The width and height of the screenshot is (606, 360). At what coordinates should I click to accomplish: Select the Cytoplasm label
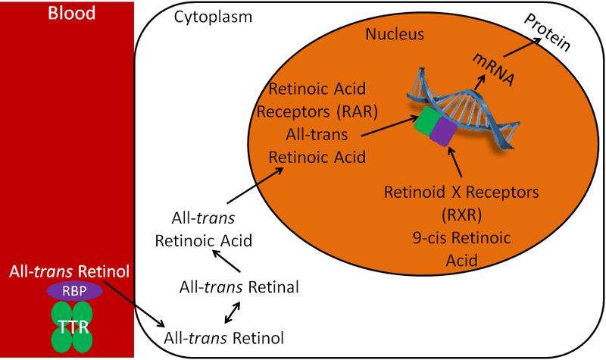pos(214,17)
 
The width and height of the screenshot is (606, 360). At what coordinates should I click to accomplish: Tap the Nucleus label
pos(395,35)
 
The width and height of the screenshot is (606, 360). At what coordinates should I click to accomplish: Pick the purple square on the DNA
pos(442,131)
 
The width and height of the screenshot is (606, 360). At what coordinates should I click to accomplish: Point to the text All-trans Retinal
pos(239,287)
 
